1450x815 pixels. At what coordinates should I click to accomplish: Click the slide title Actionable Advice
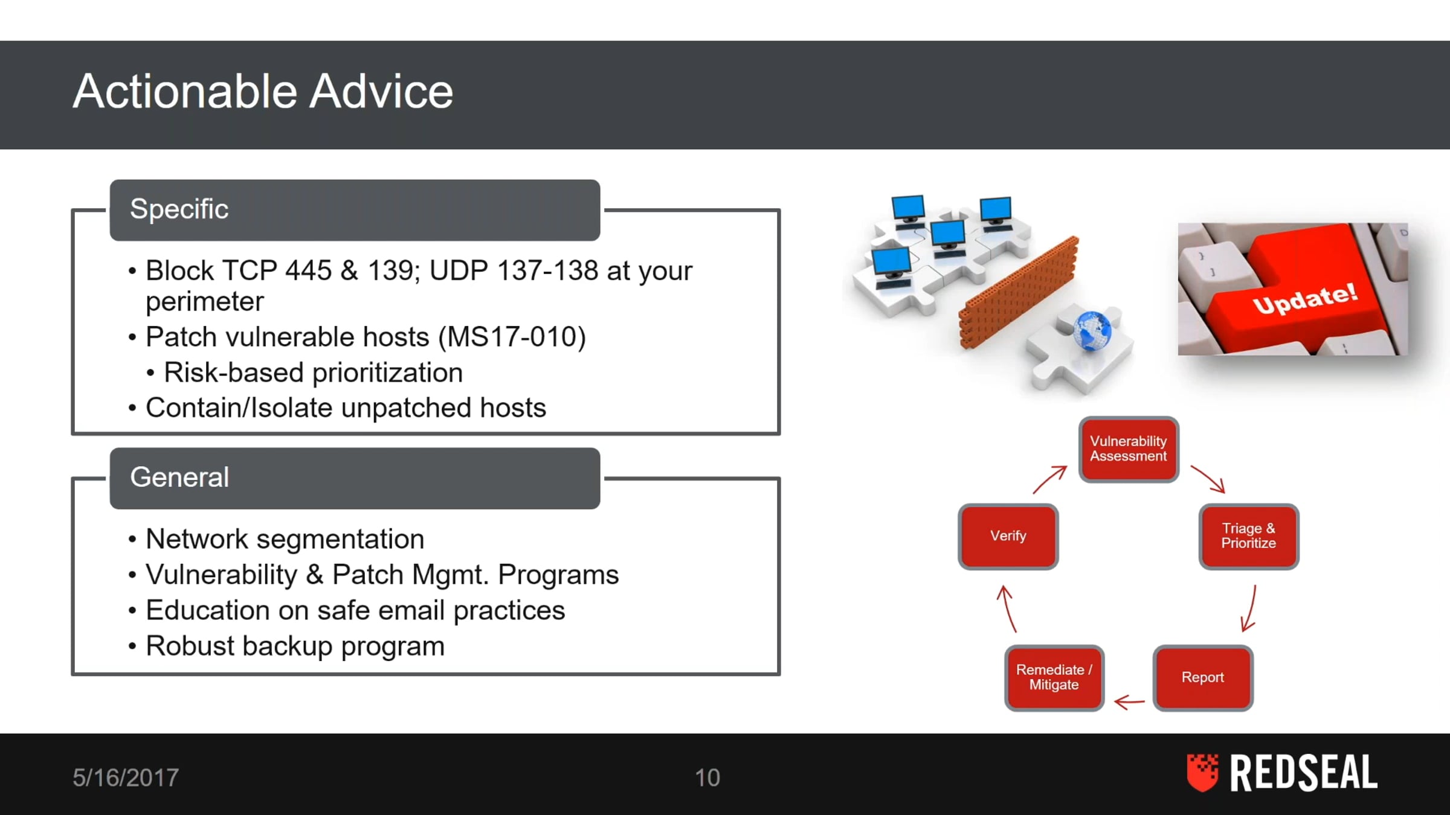tap(263, 91)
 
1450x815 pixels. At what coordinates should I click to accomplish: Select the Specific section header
tap(355, 209)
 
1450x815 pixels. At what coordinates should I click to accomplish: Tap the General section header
tap(355, 478)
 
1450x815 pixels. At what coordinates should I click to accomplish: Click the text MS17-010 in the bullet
tap(512, 337)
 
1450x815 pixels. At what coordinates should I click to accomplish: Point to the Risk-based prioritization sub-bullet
tap(313, 372)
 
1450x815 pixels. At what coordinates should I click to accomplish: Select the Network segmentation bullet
tap(285, 539)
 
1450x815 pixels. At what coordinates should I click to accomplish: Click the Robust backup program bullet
tap(295, 646)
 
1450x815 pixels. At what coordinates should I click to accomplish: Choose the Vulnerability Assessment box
tap(1129, 449)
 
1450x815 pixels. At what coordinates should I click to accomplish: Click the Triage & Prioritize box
tap(1249, 536)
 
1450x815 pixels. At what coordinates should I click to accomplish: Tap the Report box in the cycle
tap(1203, 677)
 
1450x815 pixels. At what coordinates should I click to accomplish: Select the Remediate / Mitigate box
tap(1054, 677)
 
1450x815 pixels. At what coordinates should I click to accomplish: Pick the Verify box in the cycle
tap(1008, 536)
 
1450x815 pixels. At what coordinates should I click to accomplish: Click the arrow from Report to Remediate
tap(1129, 702)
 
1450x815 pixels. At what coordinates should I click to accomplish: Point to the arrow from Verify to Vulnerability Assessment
tap(1049, 479)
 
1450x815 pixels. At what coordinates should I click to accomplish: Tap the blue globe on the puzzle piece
tap(1092, 331)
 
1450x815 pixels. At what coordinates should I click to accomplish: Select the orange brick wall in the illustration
tap(1019, 292)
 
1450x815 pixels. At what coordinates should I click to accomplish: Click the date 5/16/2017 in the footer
tap(126, 778)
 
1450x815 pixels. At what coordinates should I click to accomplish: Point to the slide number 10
tap(707, 778)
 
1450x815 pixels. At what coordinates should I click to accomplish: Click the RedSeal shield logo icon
tap(1202, 772)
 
